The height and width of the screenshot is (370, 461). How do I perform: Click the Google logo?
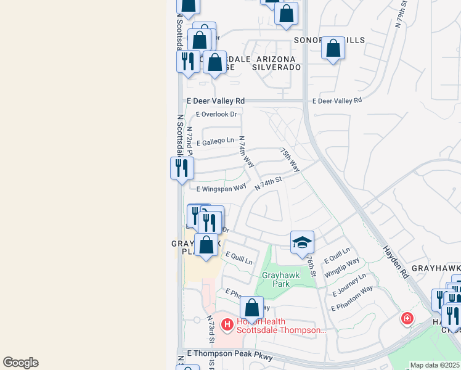[20, 363]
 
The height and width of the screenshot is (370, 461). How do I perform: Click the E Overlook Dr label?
[216, 114]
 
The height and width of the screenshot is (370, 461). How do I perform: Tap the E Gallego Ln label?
[215, 142]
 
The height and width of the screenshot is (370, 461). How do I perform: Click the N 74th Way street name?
[247, 152]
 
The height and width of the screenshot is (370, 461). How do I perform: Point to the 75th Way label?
[289, 160]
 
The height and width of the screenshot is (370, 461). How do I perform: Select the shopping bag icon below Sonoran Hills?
[333, 47]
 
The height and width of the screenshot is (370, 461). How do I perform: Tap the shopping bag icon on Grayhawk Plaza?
[206, 244]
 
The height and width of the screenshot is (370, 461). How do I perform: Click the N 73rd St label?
[211, 331]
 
